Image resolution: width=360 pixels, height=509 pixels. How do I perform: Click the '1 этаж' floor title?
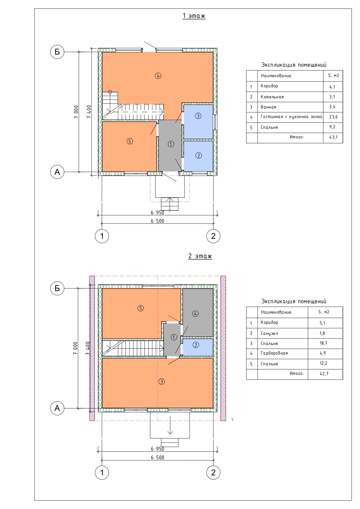coord(194,16)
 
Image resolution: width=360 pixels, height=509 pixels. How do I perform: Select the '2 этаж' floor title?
coord(200,256)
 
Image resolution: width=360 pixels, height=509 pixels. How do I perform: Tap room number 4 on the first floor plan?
coord(158,76)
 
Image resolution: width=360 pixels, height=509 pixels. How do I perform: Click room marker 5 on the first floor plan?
coord(130,141)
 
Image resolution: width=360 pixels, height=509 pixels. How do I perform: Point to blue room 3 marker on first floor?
coord(198,116)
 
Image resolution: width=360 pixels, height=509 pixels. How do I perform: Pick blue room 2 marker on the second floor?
coord(196,345)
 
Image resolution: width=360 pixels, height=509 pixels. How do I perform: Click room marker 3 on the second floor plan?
coord(162,381)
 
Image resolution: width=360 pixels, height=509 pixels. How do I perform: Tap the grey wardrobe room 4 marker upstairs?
coord(196,313)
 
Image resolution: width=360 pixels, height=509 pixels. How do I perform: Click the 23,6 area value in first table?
coord(333,117)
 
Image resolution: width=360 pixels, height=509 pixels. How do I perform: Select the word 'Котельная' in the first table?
coord(272,97)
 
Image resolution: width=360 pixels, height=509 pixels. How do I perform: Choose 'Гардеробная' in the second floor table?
coord(274,353)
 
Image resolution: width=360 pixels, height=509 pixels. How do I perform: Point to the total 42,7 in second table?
coord(324,373)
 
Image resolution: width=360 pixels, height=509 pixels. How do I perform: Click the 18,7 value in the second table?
coord(323,343)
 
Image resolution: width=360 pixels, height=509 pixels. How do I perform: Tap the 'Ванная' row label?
coord(268,107)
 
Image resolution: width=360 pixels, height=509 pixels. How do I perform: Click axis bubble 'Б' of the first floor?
coord(57,52)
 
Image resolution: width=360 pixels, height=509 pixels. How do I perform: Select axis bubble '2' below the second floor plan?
coord(213,472)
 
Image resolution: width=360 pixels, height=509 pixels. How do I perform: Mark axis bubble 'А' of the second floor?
coord(57,408)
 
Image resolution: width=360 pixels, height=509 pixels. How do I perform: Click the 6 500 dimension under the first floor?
coord(158,221)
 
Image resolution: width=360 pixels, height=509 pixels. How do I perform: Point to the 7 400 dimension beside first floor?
coord(89,111)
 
